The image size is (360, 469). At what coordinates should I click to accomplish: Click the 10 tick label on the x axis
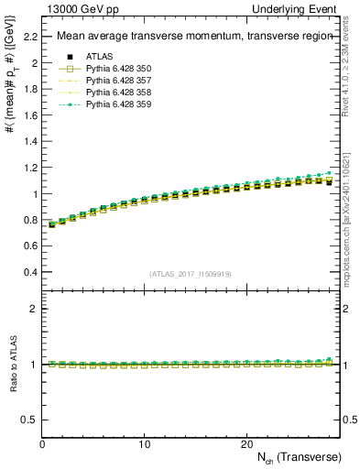tap(144, 443)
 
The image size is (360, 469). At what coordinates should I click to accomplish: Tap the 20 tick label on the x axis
tap(246, 443)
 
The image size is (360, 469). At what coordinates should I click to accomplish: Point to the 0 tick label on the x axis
tap(42, 443)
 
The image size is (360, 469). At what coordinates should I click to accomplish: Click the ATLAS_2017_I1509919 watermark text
tap(191, 274)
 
